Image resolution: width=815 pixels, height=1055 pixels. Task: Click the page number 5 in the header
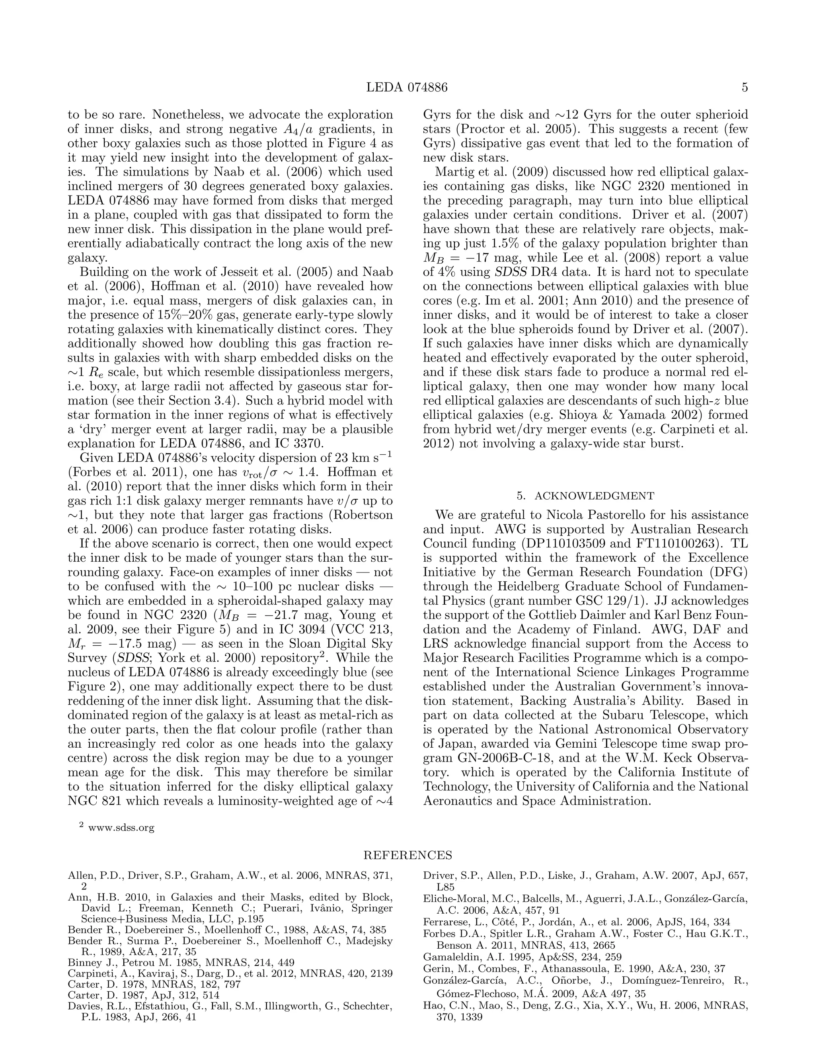(745, 88)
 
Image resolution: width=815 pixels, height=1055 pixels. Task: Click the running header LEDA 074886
(407, 88)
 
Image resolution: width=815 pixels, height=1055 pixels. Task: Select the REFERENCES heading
(407, 855)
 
